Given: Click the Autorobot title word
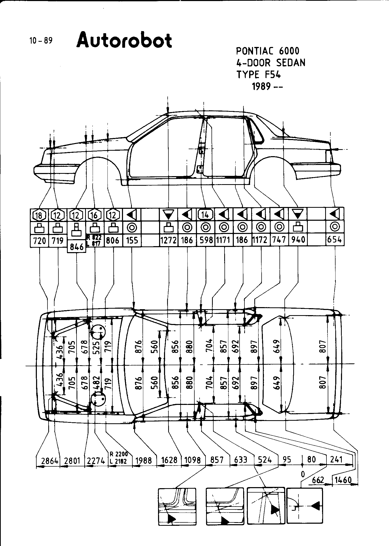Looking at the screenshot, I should point(124,40).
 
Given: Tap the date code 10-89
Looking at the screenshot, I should point(41,41).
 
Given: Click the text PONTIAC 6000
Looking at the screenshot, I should point(268,51).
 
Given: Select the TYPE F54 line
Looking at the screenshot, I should point(258,75).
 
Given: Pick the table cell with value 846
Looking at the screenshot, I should point(77,247).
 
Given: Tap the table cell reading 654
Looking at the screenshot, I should point(335,240).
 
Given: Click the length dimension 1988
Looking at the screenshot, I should point(144,460).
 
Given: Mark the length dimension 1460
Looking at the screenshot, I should point(343,480).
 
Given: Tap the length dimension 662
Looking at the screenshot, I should point(318,480).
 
